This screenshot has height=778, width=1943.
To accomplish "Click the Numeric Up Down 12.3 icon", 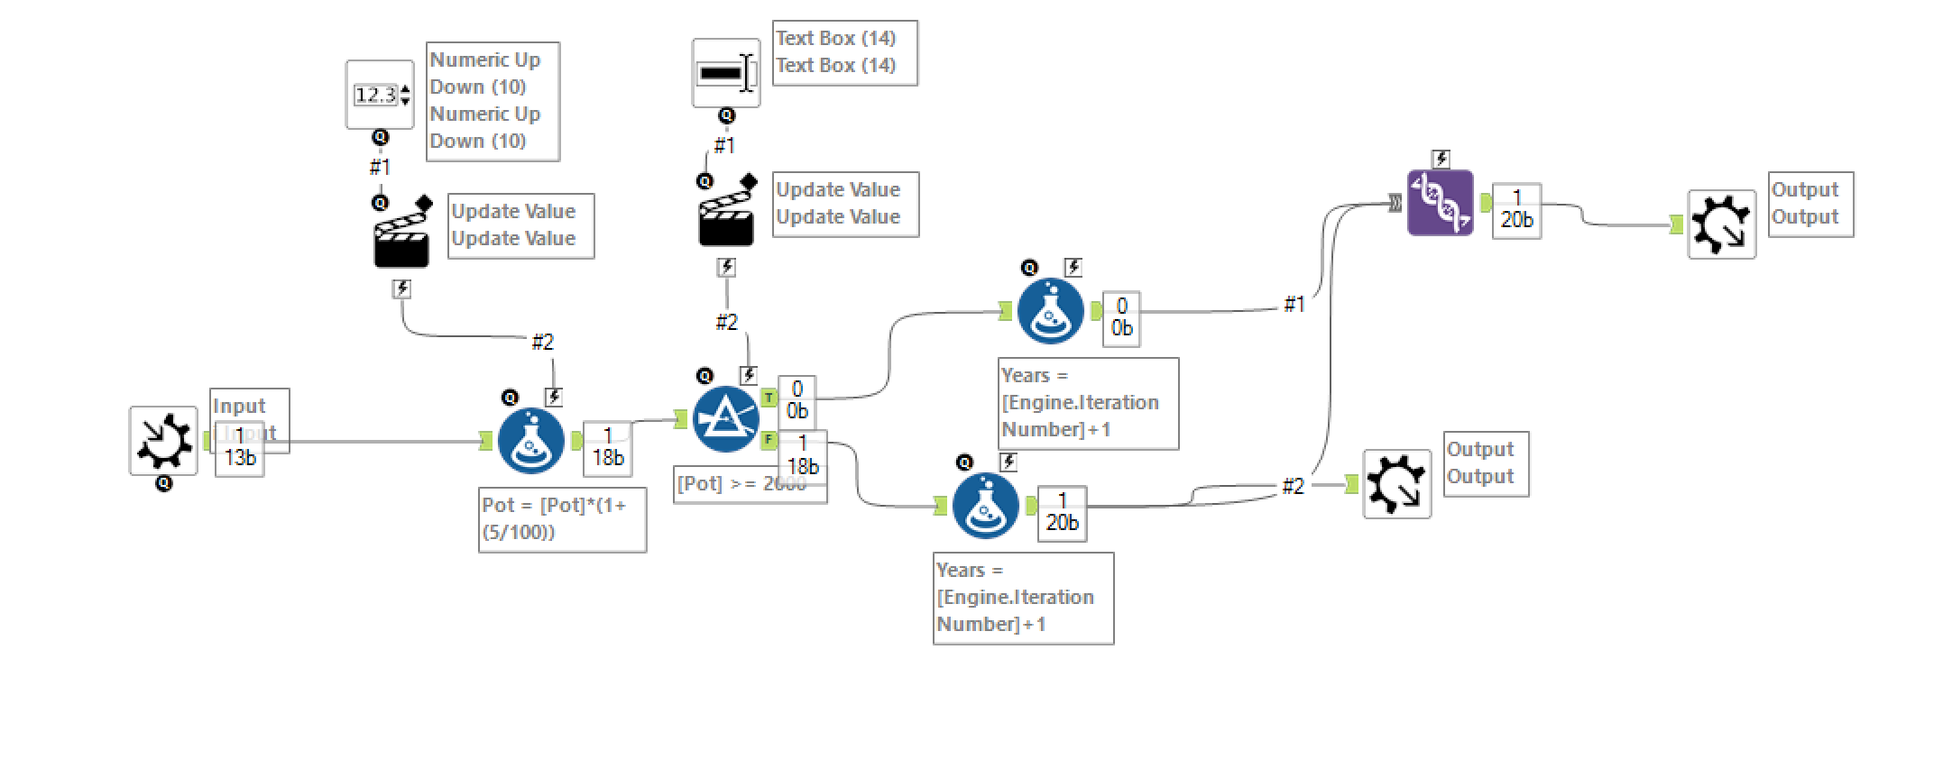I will click(380, 95).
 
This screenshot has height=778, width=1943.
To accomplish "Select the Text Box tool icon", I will click(726, 73).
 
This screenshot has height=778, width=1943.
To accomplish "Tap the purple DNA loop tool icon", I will click(1441, 203).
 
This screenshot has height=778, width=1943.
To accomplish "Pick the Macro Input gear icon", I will click(163, 441).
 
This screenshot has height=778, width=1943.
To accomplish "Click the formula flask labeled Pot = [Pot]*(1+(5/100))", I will click(531, 441).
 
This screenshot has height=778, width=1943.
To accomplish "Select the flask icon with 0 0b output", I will click(1051, 311).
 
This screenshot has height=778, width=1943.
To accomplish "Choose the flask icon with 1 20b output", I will click(986, 506).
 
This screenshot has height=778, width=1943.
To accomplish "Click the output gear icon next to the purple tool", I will click(1722, 224).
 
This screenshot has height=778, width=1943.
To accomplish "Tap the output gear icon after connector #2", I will click(1397, 484).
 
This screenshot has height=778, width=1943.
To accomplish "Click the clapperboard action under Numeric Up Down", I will click(401, 237).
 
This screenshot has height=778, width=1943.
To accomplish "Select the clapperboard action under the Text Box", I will click(726, 216).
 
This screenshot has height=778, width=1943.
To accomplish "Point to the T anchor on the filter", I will click(769, 398).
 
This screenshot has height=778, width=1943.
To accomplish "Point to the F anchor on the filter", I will click(769, 440).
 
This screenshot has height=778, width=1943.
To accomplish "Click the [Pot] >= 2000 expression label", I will click(741, 484).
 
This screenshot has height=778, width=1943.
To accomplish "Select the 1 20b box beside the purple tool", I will click(1516, 210).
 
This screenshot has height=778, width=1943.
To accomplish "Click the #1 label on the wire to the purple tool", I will click(1294, 305).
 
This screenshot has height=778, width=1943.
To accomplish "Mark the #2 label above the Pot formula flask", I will click(542, 342).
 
